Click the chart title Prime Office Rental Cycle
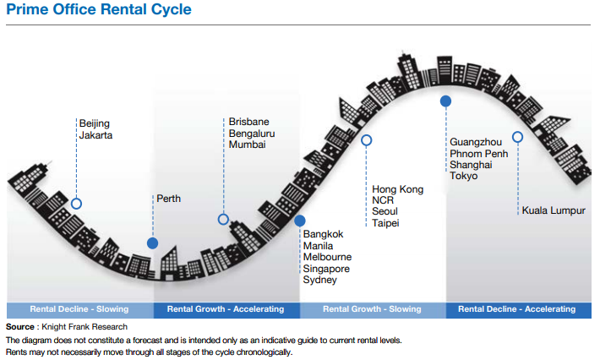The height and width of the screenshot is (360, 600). (x=98, y=11)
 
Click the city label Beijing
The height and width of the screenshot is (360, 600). (x=95, y=123)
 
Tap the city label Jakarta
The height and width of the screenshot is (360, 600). (x=95, y=135)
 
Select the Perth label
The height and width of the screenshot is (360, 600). (x=168, y=199)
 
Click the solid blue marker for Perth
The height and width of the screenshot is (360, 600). (x=153, y=243)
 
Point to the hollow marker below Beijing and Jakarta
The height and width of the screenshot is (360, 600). (x=76, y=204)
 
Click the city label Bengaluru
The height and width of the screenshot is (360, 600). (x=252, y=134)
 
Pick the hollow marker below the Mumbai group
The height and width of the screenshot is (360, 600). (x=223, y=219)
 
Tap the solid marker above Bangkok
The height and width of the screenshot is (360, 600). (x=299, y=221)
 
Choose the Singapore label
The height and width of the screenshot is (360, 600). (x=327, y=269)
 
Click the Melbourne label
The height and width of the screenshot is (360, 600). (x=327, y=257)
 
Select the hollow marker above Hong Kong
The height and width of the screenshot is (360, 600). (x=367, y=140)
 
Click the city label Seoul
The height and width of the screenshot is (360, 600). (x=385, y=211)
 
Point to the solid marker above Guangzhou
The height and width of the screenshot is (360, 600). (x=445, y=101)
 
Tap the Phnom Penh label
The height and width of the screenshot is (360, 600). (x=479, y=154)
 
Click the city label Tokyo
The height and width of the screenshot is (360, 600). (x=464, y=176)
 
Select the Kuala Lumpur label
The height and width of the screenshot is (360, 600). (x=554, y=211)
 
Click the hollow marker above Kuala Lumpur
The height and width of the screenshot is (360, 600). (x=518, y=137)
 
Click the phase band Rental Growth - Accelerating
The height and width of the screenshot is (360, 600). (x=226, y=309)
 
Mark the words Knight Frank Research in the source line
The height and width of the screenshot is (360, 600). (x=90, y=326)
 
